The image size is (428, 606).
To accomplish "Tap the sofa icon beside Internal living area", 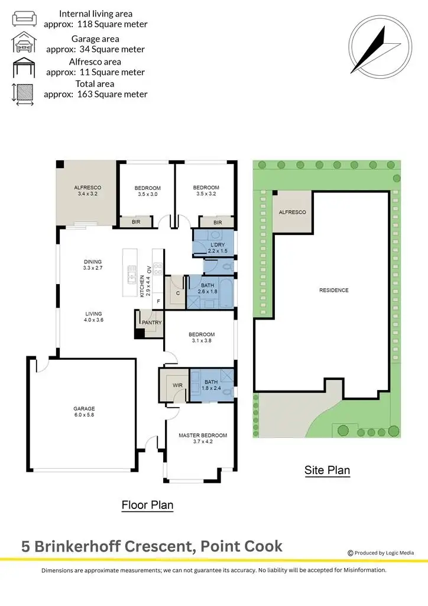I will click(24, 18).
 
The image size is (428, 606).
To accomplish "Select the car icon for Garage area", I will click(24, 44).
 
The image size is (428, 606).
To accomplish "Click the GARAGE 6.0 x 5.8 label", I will click(84, 412).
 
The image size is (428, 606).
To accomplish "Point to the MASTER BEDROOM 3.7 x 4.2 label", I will click(203, 439).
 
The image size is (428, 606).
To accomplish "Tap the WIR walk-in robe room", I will click(177, 385).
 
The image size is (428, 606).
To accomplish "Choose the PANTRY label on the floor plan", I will click(151, 323).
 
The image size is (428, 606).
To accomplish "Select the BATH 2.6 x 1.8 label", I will click(207, 288).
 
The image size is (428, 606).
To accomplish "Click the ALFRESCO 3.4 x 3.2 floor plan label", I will click(86, 189).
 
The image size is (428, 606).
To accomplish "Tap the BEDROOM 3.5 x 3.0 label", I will click(148, 191).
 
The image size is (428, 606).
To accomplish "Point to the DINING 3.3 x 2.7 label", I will click(93, 265).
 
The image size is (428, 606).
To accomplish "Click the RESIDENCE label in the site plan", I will click(334, 290).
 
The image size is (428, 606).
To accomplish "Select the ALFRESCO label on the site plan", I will click(291, 212).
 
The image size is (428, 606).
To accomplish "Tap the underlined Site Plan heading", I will click(327, 471).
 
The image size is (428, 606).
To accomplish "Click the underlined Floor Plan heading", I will click(147, 505).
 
